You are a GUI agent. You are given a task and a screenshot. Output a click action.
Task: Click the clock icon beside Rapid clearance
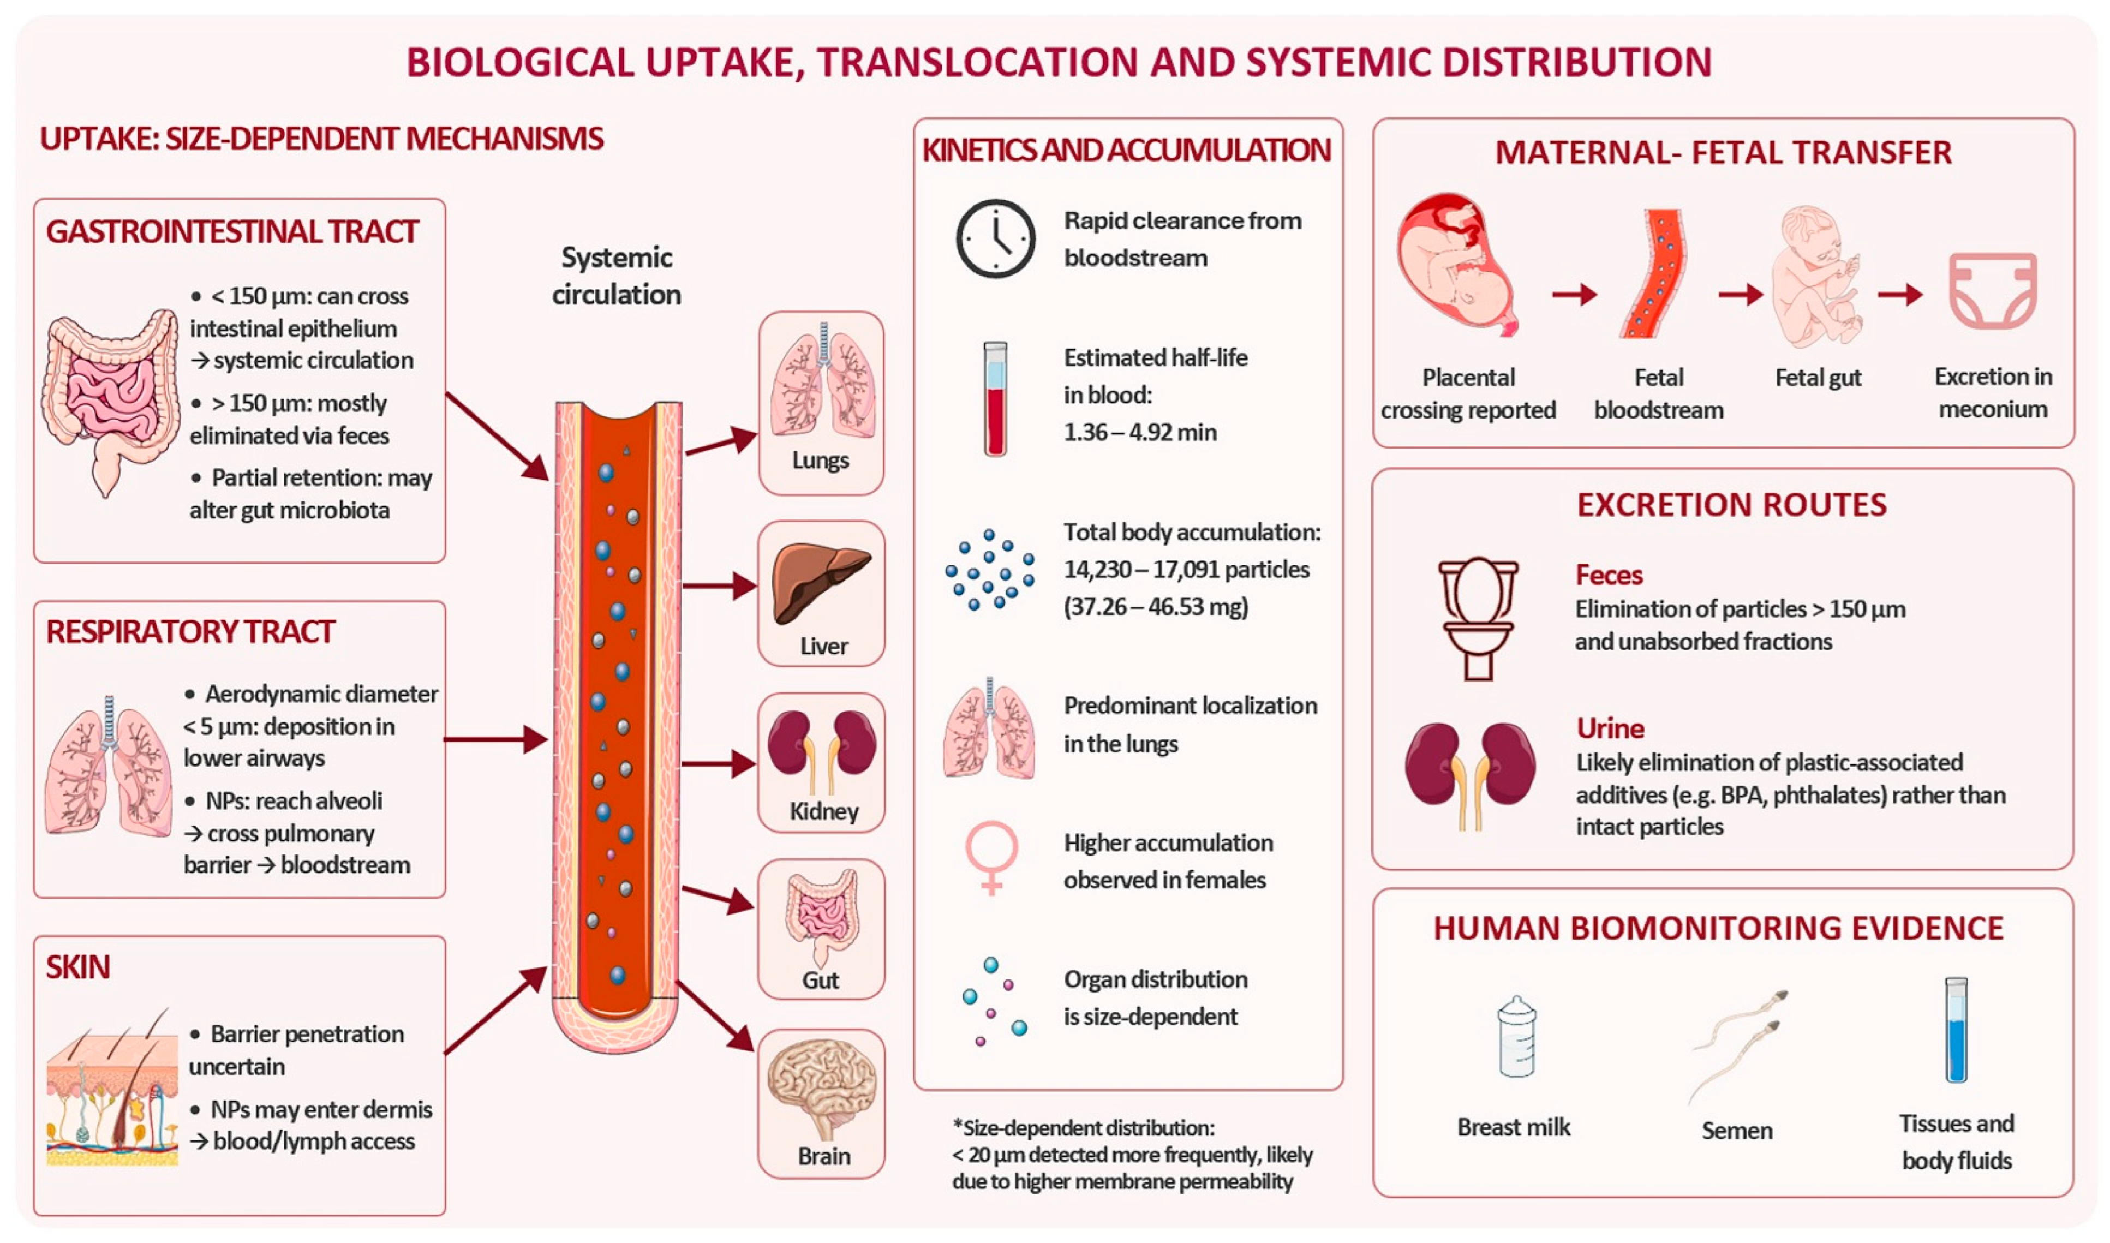click(996, 238)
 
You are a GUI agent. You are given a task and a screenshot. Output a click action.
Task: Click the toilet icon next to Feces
click(1478, 618)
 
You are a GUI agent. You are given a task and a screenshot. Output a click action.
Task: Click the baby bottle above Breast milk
click(1516, 1036)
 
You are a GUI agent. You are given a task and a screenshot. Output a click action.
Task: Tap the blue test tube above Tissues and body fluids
click(1956, 1030)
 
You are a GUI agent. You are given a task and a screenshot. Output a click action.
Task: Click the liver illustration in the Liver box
click(821, 582)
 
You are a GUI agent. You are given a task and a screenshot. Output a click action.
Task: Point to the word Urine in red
click(1610, 728)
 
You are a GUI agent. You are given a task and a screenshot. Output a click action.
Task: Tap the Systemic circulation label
click(616, 276)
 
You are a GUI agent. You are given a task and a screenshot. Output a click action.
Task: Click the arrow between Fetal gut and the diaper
click(1900, 294)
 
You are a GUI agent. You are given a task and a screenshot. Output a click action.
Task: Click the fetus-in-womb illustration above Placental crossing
click(1457, 265)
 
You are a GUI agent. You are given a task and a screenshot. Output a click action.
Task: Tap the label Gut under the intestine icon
click(821, 980)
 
